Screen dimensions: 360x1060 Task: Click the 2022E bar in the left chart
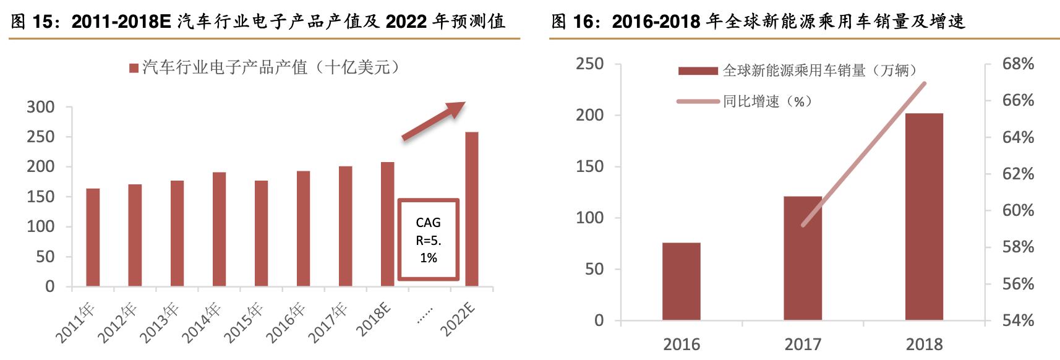(x=471, y=209)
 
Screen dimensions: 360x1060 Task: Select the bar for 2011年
(x=93, y=238)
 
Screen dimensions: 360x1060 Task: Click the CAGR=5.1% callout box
(x=428, y=239)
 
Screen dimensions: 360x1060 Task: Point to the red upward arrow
(x=434, y=121)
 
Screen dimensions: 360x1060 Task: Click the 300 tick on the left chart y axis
(x=41, y=107)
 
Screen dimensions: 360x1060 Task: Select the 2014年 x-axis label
(x=202, y=322)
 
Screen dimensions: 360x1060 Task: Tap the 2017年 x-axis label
(x=328, y=322)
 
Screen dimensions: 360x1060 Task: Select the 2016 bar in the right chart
(x=681, y=281)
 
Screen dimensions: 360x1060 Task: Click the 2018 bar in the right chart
(x=924, y=216)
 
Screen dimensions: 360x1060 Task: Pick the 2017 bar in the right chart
(x=803, y=258)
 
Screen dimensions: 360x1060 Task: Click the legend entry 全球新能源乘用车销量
(x=798, y=71)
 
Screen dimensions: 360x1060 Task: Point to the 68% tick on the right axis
(x=1018, y=64)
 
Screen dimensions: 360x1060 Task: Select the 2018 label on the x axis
(x=924, y=345)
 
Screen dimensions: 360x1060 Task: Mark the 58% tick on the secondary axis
(x=1018, y=247)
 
